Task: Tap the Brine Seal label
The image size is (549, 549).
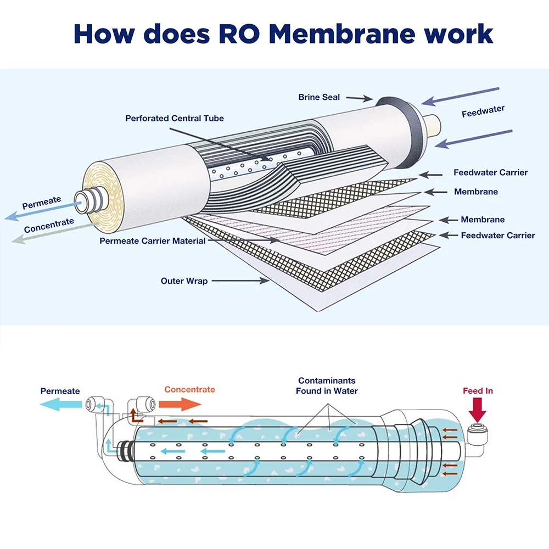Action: click(319, 97)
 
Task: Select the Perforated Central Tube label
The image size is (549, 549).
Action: click(175, 118)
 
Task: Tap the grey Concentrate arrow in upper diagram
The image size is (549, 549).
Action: click(44, 233)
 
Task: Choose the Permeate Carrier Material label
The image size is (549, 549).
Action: click(152, 240)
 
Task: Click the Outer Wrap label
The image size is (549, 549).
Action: click(184, 281)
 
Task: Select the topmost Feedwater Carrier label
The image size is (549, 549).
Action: click(490, 172)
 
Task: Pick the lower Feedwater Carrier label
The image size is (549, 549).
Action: click(497, 235)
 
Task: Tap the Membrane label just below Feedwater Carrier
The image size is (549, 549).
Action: click(475, 192)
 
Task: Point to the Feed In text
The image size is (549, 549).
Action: click(478, 391)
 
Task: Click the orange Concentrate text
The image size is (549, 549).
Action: click(189, 389)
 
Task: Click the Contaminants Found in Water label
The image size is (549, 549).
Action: click(327, 385)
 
